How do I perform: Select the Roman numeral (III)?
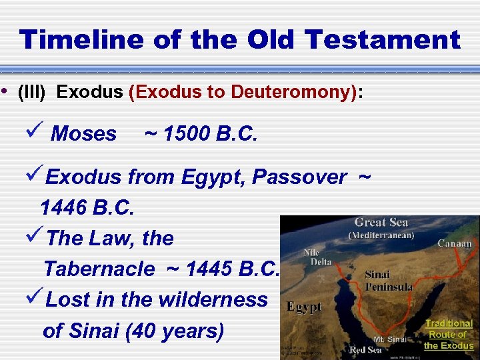tap(31, 93)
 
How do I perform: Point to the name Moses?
tap(83, 134)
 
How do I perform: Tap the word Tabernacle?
tap(99, 269)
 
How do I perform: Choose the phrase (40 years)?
tap(175, 331)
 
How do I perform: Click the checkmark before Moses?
tap(37, 133)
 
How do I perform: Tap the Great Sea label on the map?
tap(381, 223)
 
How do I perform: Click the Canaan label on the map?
tap(455, 244)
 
